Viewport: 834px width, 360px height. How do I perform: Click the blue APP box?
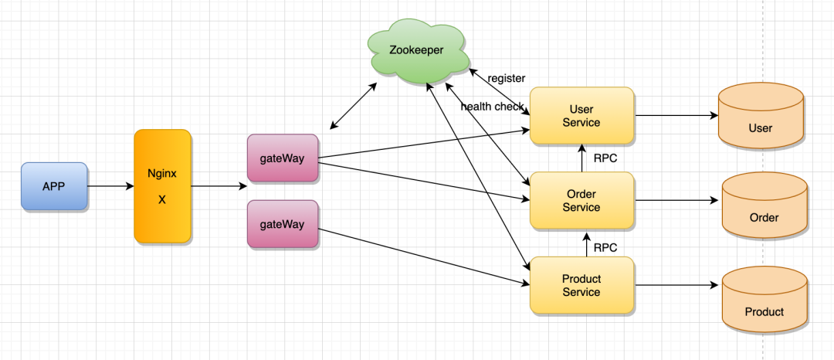54,186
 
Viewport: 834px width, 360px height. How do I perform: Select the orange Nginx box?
162,186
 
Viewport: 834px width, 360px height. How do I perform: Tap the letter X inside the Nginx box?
162,200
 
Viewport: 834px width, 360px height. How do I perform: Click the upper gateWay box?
283,158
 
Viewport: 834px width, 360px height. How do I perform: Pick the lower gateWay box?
283,224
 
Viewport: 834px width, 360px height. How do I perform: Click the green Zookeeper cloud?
417,50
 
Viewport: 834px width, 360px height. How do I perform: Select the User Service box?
582,115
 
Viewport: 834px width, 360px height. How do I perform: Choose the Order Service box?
582,201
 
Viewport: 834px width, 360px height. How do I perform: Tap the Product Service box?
582,285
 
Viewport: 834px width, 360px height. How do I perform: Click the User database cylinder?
761,115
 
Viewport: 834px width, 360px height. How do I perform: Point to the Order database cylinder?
764,205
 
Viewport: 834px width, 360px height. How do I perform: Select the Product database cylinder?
764,300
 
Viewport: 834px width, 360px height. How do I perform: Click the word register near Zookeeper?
507,79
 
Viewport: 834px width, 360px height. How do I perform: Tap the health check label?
492,107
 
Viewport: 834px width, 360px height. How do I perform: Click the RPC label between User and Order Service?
605,158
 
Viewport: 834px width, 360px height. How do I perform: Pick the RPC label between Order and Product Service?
605,248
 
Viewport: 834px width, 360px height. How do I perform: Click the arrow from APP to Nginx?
110,186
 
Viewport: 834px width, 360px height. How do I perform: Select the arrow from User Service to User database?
676,115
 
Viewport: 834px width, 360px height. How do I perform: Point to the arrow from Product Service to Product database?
676,285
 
